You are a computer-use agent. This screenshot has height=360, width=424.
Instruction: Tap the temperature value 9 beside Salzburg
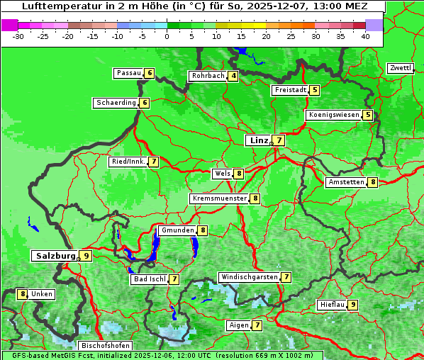pyautogui.click(x=86, y=256)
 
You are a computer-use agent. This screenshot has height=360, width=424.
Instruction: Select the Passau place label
pyautogui.click(x=129, y=73)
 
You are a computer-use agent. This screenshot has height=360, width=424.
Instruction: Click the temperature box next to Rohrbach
pyautogui.click(x=233, y=76)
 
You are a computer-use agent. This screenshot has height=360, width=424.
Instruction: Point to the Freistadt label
pyautogui.click(x=290, y=90)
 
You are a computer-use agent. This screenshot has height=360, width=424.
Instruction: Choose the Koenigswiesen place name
pyautogui.click(x=333, y=115)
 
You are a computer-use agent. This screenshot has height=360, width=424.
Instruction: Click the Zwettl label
pyautogui.click(x=400, y=68)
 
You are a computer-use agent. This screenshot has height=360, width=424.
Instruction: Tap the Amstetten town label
pyautogui.click(x=345, y=182)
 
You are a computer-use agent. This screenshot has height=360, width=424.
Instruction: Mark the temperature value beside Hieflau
pyautogui.click(x=352, y=305)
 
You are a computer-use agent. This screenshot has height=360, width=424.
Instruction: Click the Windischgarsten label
pyautogui.click(x=249, y=277)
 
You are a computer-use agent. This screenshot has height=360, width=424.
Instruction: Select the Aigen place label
pyautogui.click(x=239, y=325)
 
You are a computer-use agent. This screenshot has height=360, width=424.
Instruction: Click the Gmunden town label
pyautogui.click(x=177, y=230)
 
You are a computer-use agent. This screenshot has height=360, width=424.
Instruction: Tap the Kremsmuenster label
pyautogui.click(x=219, y=198)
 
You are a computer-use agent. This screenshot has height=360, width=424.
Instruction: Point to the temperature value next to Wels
pyautogui.click(x=239, y=174)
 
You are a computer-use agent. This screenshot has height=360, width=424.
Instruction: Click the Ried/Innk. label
pyautogui.click(x=128, y=162)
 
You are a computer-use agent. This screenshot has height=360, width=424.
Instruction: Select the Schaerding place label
pyautogui.click(x=116, y=103)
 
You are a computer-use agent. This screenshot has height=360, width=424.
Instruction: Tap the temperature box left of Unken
pyautogui.click(x=23, y=294)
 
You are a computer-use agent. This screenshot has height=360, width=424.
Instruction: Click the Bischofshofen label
pyautogui.click(x=105, y=346)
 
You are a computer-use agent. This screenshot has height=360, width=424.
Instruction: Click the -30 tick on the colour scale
pyautogui.click(x=18, y=36)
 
